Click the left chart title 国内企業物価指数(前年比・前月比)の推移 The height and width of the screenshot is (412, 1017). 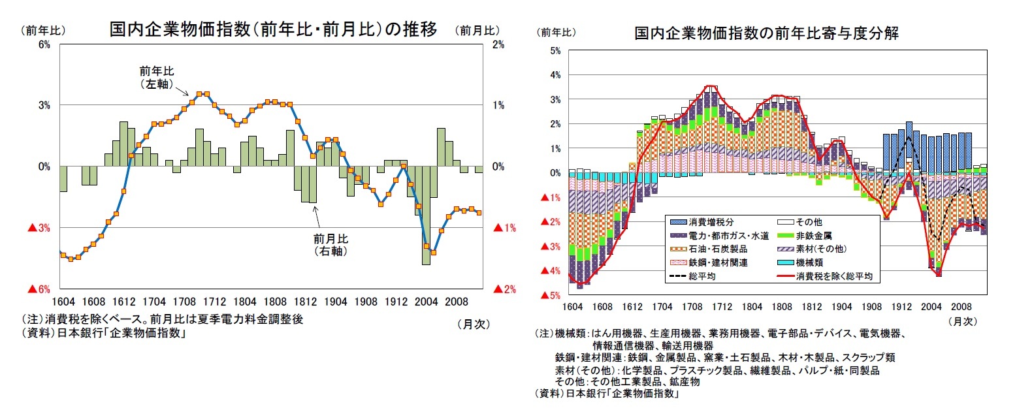[273, 30]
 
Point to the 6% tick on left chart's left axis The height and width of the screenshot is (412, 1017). [44, 44]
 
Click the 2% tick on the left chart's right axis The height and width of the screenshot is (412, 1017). [498, 44]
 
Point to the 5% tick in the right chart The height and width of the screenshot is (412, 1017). [556, 51]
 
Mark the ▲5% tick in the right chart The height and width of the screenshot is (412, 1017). [553, 296]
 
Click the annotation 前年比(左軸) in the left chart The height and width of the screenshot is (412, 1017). [157, 77]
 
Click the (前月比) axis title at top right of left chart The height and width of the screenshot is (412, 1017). [479, 30]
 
